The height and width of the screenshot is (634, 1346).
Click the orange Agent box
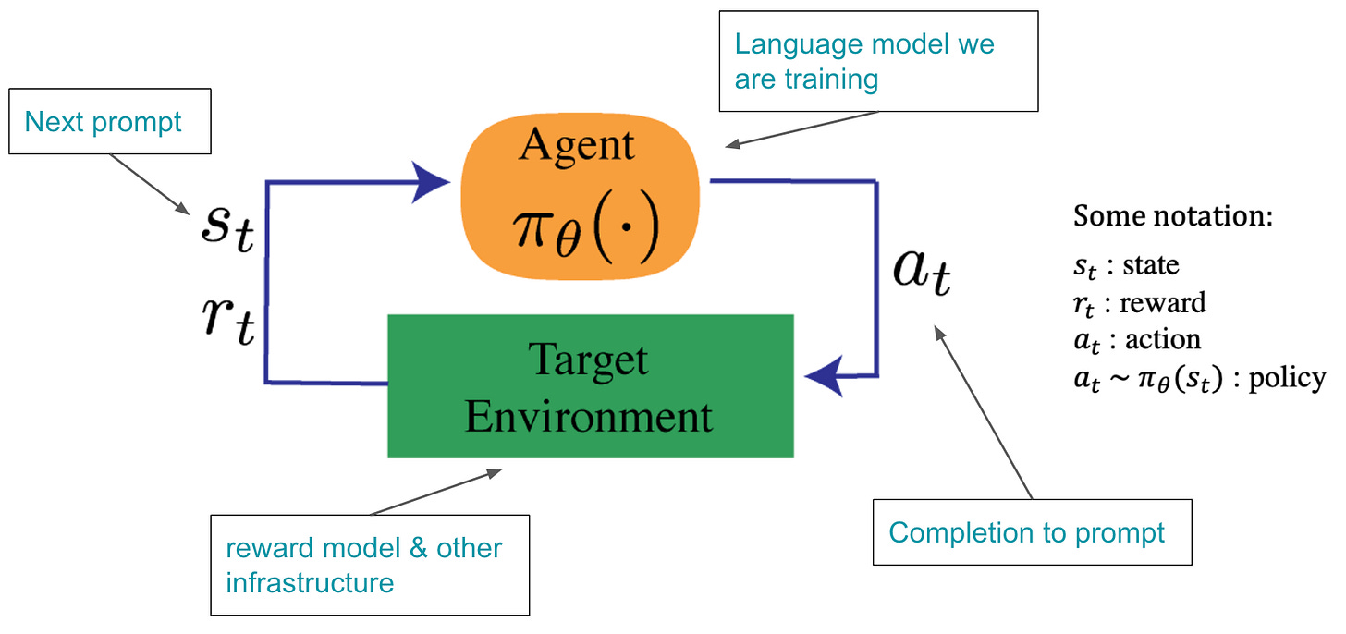click(580, 196)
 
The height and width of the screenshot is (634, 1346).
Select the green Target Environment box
click(591, 385)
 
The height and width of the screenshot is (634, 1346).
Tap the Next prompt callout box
click(110, 121)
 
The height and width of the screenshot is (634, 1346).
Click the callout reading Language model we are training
click(878, 61)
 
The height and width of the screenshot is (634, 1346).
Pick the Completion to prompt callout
click(1033, 532)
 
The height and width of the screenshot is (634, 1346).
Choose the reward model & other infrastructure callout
click(370, 565)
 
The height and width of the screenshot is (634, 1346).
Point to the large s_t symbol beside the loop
click(227, 228)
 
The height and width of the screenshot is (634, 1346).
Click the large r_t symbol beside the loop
click(228, 321)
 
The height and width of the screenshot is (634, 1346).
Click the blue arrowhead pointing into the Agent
click(430, 182)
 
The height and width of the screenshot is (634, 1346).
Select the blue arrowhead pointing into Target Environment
click(824, 376)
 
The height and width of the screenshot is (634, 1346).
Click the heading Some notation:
click(1173, 215)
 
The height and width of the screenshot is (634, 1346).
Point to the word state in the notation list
click(1151, 264)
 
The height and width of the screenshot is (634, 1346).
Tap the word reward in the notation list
click(1163, 302)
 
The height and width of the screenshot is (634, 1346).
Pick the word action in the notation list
click(1163, 339)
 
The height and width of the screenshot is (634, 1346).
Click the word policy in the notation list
click(1287, 379)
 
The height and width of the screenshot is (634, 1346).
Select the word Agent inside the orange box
click(576, 145)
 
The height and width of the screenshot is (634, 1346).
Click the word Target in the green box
click(588, 360)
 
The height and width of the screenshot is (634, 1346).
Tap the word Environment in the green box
click(589, 416)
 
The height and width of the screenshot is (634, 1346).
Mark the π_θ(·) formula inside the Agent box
click(586, 229)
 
